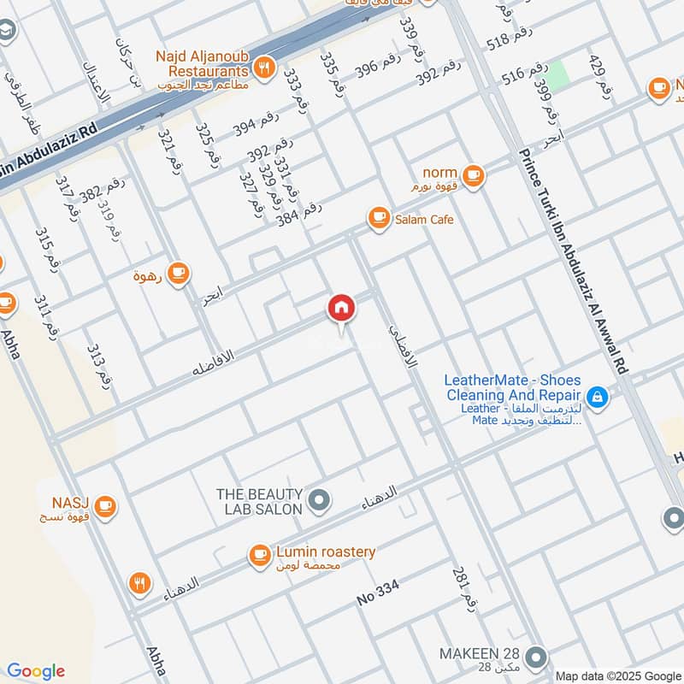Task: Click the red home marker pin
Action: [x=340, y=309]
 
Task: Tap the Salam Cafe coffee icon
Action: [x=377, y=219]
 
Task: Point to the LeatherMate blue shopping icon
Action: [x=597, y=396]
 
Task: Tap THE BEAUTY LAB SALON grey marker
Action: [x=319, y=501]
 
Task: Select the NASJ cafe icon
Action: [x=105, y=506]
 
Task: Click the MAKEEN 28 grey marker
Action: [x=535, y=657]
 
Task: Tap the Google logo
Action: [x=35, y=671]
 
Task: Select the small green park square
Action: [x=558, y=76]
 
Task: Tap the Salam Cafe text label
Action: [x=424, y=220]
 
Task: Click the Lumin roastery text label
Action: [x=325, y=552]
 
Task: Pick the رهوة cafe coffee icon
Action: [x=178, y=274]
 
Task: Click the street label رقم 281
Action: [x=462, y=587]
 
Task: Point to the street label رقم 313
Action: [x=98, y=364]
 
